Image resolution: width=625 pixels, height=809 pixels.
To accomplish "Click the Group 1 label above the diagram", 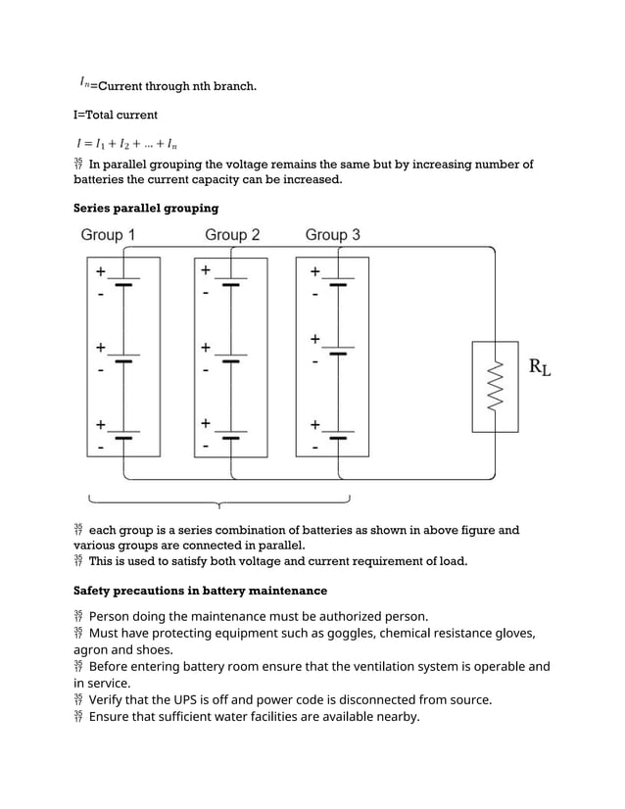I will click(x=108, y=235).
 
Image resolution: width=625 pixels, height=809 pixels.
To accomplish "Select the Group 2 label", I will click(x=232, y=235).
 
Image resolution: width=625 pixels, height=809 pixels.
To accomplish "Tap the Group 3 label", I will click(x=332, y=235).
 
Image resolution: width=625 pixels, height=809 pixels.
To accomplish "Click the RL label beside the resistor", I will click(x=539, y=368).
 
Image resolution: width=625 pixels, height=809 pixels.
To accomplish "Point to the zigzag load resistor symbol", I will click(x=496, y=386).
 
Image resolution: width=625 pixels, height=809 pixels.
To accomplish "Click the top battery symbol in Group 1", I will click(x=123, y=281).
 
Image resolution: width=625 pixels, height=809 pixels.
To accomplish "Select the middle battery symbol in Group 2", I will click(x=230, y=357).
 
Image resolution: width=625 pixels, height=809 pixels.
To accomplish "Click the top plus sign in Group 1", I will click(x=100, y=271).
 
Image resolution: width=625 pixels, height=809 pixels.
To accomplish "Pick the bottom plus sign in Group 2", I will click(x=206, y=423).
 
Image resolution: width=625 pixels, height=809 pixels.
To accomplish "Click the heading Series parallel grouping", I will click(x=146, y=208).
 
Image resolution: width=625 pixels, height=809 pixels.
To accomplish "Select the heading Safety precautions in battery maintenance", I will click(x=200, y=591).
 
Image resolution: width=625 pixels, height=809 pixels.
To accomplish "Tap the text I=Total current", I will click(x=116, y=115).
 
